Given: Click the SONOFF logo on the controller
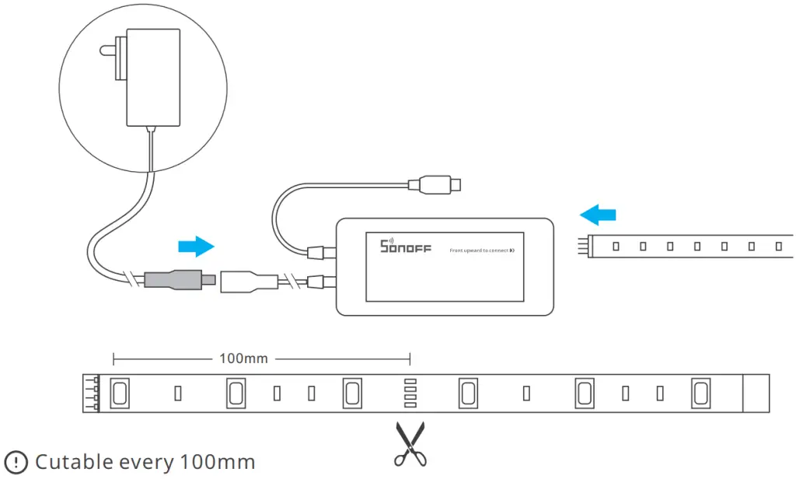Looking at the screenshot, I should pyautogui.click(x=400, y=246).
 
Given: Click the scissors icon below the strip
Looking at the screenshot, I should pyautogui.click(x=410, y=444).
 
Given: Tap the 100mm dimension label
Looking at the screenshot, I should pyautogui.click(x=243, y=358).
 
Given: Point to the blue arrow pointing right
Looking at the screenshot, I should pyautogui.click(x=196, y=246).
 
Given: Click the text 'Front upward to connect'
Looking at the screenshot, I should pyautogui.click(x=479, y=250).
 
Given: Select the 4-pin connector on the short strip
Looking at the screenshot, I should pyautogui.click(x=583, y=246).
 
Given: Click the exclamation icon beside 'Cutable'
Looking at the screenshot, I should pyautogui.click(x=16, y=462).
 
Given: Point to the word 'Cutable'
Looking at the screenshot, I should pyautogui.click(x=75, y=462).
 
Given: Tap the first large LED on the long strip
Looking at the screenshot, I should pyautogui.click(x=120, y=393).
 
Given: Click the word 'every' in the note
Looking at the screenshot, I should pyautogui.click(x=148, y=463).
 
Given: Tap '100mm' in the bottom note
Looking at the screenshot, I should pyautogui.click(x=217, y=462).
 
